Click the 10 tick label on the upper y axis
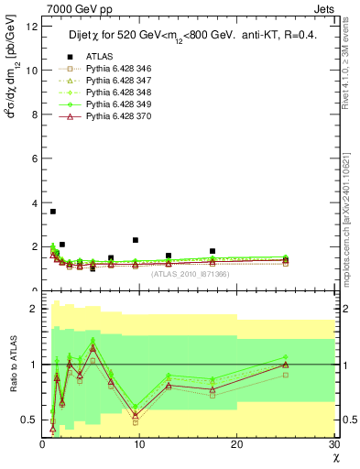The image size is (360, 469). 33,70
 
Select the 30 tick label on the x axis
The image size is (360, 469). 334,444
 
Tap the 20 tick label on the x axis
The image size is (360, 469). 237,444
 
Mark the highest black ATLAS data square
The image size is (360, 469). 53,212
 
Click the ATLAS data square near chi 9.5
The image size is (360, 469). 135,240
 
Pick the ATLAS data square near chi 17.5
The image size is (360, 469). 213,251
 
